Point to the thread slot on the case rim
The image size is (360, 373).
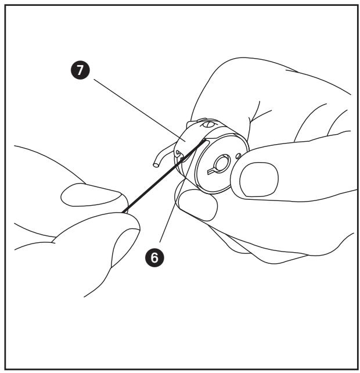[x=203, y=142]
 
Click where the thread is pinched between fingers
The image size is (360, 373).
[x=124, y=210]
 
